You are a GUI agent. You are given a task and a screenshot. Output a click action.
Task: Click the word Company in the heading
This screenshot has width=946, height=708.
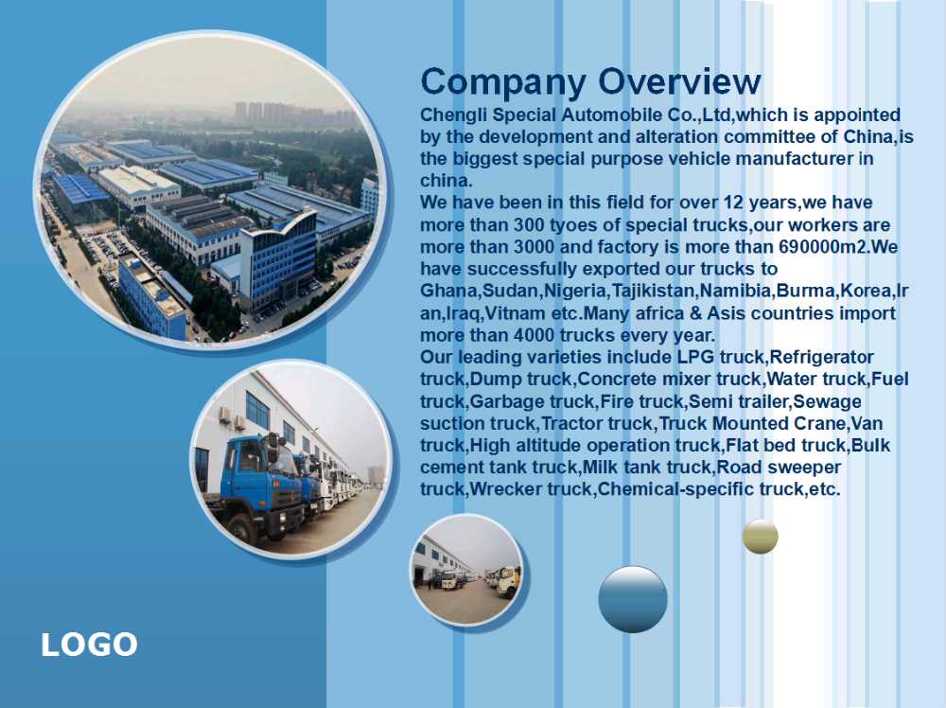(503, 83)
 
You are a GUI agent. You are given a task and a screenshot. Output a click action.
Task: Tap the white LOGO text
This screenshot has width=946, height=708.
(89, 645)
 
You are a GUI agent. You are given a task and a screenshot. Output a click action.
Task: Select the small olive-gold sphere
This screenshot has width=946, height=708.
(761, 536)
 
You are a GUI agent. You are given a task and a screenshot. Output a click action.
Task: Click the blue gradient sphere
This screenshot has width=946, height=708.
(633, 599)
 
